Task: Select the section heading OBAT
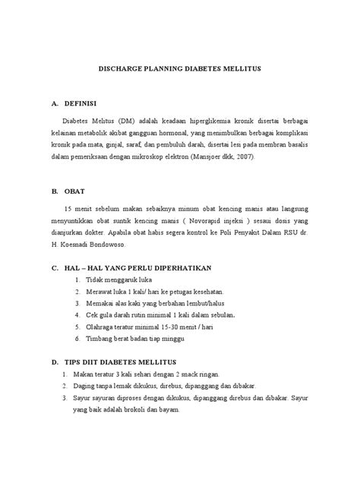click(76, 191)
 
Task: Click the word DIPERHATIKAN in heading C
click(181, 270)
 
